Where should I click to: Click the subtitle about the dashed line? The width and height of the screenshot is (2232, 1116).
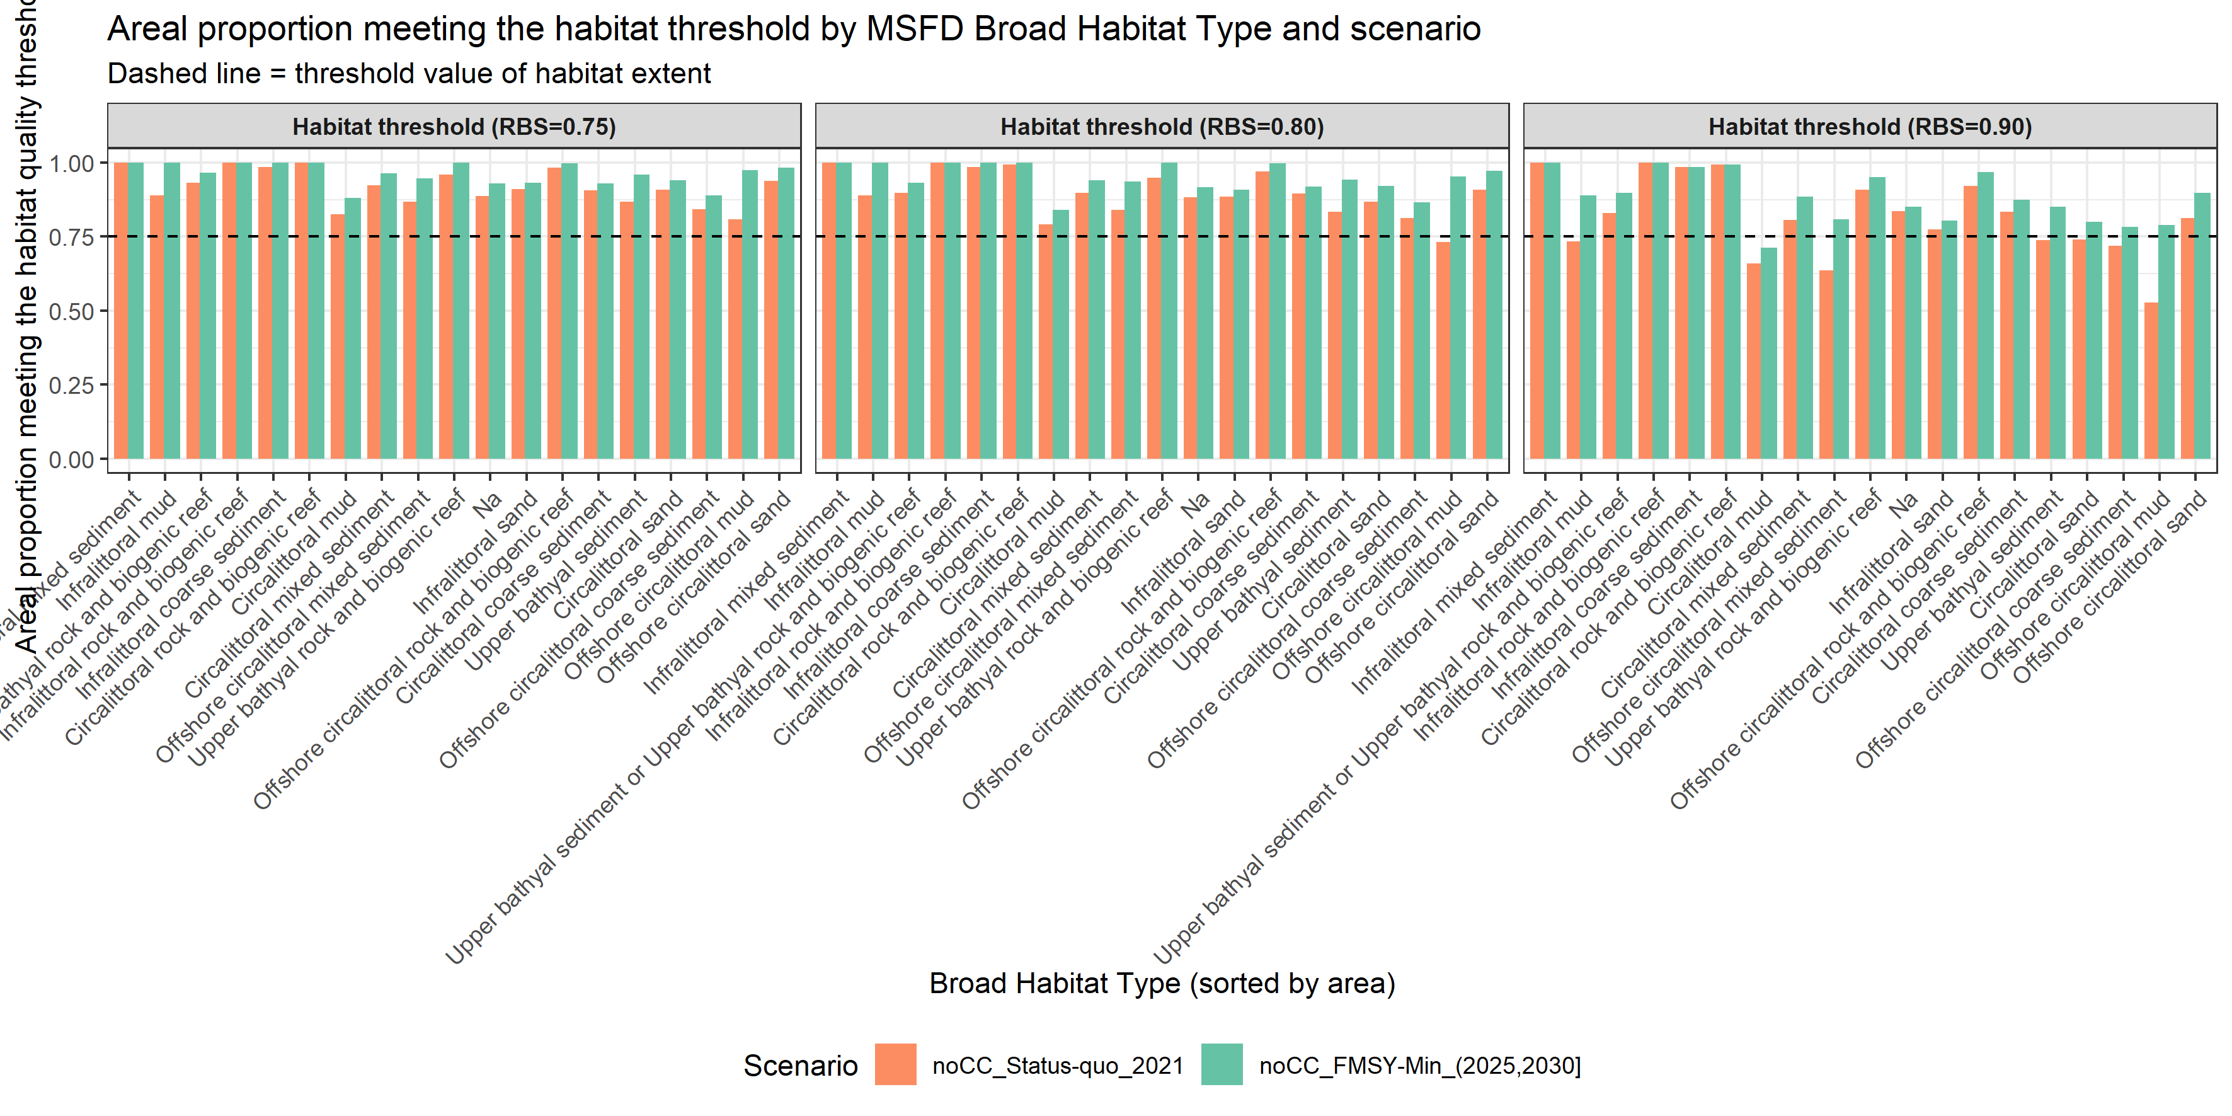[x=408, y=74]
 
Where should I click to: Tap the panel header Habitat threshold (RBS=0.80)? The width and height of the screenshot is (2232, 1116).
[x=1161, y=127]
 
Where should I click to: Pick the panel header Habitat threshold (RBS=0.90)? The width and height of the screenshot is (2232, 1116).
[x=1869, y=127]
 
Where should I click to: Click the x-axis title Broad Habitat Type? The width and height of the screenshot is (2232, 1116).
[x=1161, y=984]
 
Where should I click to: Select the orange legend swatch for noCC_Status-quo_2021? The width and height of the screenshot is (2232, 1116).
[x=895, y=1065]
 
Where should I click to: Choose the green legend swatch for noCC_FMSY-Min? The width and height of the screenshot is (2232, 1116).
[x=1221, y=1065]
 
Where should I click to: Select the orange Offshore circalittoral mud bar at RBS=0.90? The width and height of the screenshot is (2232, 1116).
[x=2151, y=381]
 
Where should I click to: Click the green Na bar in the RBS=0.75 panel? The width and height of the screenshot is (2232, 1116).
[x=497, y=321]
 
